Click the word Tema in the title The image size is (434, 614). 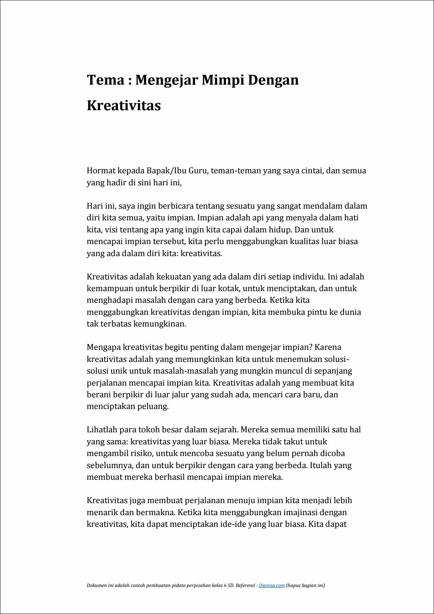click(105, 80)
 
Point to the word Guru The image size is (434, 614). click(198, 171)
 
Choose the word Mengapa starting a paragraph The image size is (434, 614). click(104, 348)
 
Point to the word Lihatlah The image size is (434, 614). click(102, 430)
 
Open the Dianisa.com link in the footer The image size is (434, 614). click(271, 586)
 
